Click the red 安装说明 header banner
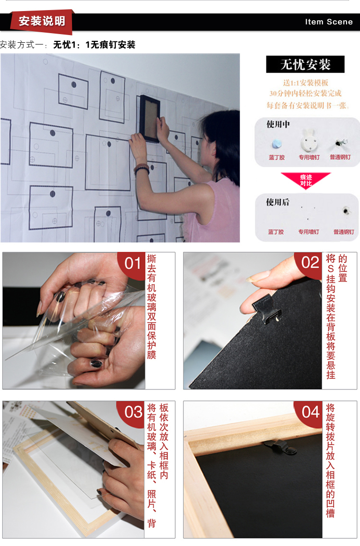point(42,22)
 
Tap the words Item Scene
point(329,22)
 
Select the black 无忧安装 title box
point(305,64)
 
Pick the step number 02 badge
point(310,263)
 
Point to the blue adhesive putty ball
point(277,144)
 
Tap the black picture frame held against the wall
point(150,119)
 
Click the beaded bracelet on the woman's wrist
point(142,169)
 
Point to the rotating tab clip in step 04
point(281,447)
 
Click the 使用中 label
point(278,124)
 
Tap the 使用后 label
point(277,202)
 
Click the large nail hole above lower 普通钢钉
point(346,211)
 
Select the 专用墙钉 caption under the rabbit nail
point(309,158)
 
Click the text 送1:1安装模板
point(305,83)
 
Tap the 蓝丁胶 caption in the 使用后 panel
point(276,232)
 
